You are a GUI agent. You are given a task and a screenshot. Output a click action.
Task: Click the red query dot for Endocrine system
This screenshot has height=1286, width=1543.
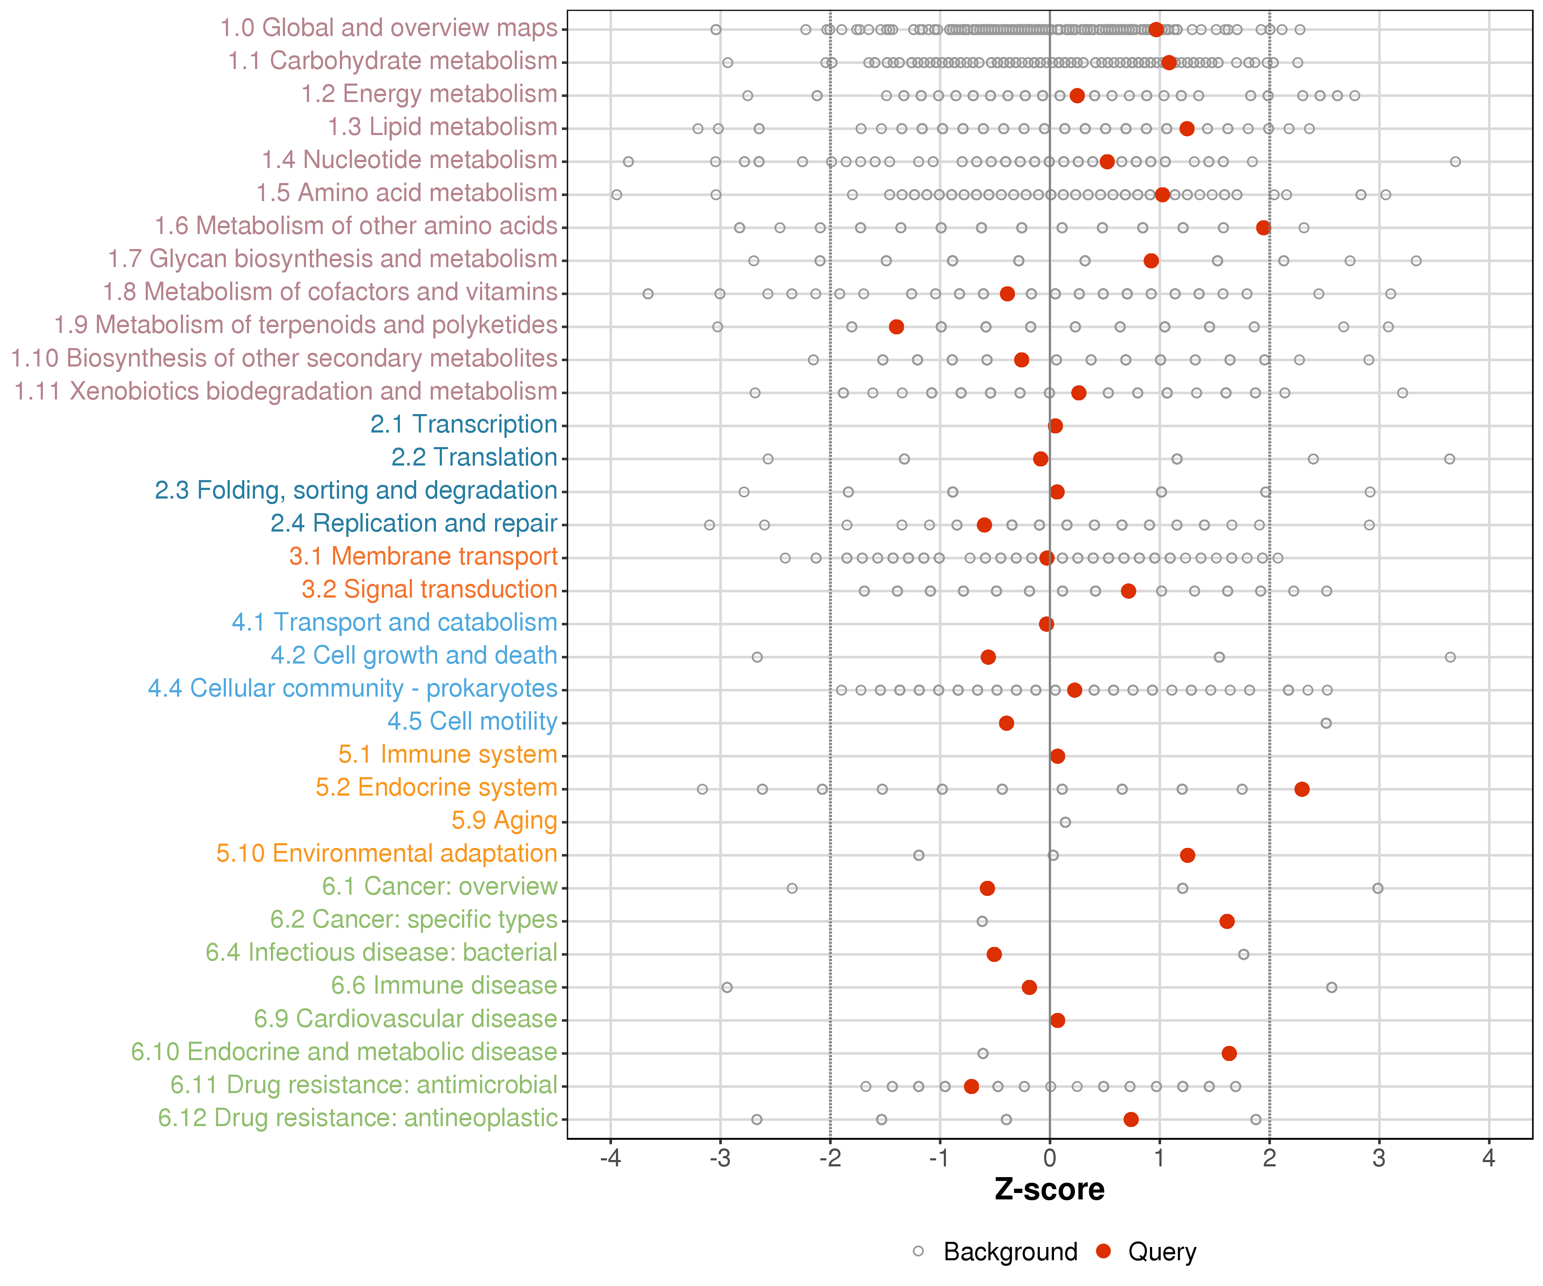coord(1301,789)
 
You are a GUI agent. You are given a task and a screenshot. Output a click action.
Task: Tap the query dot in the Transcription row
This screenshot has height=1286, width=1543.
coord(1055,426)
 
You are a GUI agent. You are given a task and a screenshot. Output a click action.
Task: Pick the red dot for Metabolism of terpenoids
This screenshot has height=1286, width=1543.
coord(896,326)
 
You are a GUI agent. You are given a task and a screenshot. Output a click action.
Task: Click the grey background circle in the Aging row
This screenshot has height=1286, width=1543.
coord(1065,822)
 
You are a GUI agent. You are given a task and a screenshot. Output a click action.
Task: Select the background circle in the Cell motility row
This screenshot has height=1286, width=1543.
coord(1326,723)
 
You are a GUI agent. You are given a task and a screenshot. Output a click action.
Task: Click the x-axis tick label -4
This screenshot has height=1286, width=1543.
coord(610,1159)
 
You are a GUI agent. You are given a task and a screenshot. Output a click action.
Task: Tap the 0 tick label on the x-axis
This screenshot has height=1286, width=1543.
coord(1049,1159)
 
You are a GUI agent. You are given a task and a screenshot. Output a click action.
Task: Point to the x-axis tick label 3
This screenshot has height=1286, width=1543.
coord(1378,1159)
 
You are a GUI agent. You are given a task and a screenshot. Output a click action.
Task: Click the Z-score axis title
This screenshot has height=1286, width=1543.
coord(1049,1190)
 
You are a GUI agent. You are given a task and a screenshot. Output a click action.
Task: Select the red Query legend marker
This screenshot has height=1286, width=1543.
coord(1103,1251)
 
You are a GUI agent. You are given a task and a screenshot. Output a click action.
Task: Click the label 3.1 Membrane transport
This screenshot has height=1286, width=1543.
coord(423,556)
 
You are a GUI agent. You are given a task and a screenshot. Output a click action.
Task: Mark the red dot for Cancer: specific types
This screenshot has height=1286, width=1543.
coord(1226,921)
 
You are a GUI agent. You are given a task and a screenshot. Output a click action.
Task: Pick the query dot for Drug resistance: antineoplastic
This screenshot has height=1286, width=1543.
coord(1131,1119)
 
